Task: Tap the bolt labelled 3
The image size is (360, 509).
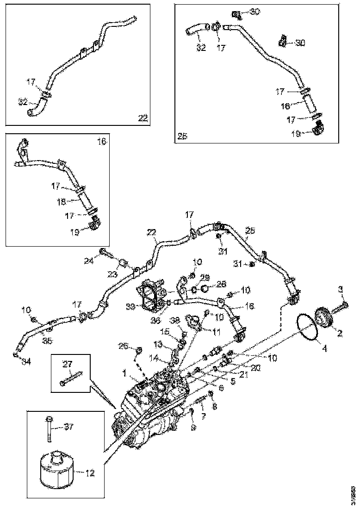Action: point(342,305)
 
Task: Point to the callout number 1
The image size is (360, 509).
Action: point(124,372)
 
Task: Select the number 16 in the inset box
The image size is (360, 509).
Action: point(101,142)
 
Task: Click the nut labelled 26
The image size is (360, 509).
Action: point(138,348)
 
